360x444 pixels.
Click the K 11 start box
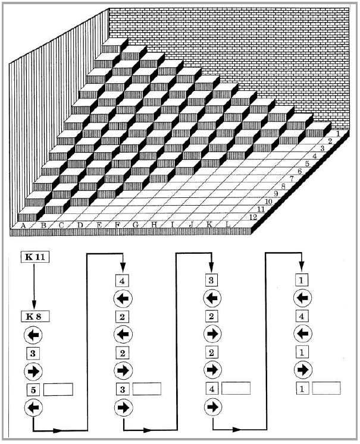pyautogui.click(x=35, y=257)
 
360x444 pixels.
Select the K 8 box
pyautogui.click(x=35, y=316)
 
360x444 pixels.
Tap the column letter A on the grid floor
pyautogui.click(x=23, y=225)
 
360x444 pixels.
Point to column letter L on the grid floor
pyautogui.click(x=228, y=225)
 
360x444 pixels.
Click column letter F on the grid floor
pyautogui.click(x=117, y=225)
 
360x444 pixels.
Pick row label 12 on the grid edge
pyautogui.click(x=252, y=217)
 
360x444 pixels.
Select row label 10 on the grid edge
pyautogui.click(x=268, y=202)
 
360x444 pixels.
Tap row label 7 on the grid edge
pyautogui.click(x=292, y=179)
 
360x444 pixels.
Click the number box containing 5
pyautogui.click(x=33, y=390)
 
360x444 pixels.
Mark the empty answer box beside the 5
pyautogui.click(x=58, y=389)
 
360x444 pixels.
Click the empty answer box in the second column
pyautogui.click(x=147, y=389)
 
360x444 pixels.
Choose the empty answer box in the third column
pyautogui.click(x=236, y=388)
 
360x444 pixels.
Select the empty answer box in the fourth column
pyautogui.click(x=326, y=388)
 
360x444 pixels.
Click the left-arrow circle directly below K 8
pyautogui.click(x=33, y=335)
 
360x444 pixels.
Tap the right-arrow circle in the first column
pyautogui.click(x=33, y=371)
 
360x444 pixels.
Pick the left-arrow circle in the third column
pyautogui.click(x=212, y=298)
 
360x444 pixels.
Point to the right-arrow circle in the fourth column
pyautogui.click(x=302, y=370)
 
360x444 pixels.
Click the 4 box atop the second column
pyautogui.click(x=122, y=281)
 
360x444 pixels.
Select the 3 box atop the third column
pyautogui.click(x=211, y=281)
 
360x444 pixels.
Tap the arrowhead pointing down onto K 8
pyautogui.click(x=34, y=306)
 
